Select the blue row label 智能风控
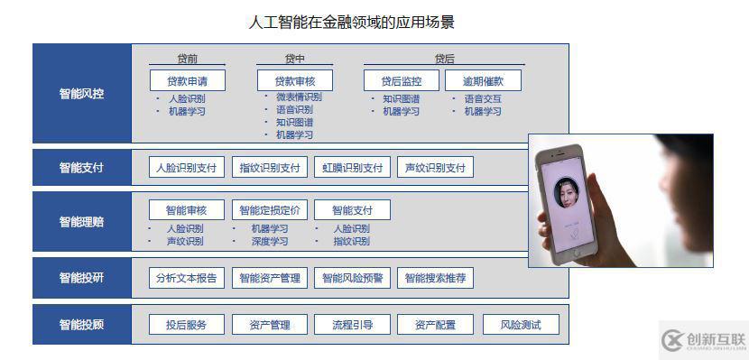81,93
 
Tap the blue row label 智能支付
81,168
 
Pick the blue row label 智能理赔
81,222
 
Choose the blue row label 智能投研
81,278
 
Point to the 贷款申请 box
187,80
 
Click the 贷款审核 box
294,80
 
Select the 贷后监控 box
401,80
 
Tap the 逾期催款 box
483,80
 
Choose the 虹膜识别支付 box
352,168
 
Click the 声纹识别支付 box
435,168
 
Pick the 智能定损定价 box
270,210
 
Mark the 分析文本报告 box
186,278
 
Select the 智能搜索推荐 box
435,278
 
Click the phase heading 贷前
187,59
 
